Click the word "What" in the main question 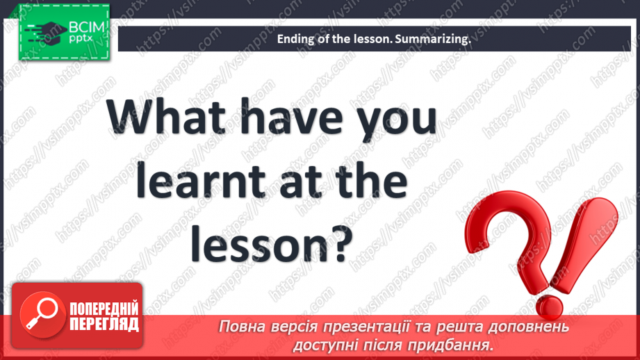pyautogui.click(x=166, y=117)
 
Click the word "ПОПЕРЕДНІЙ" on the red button pyautogui.click(x=104, y=309)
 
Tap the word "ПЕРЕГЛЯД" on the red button pyautogui.click(x=104, y=324)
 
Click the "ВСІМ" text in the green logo pyautogui.click(x=87, y=27)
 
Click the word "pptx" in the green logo pyautogui.click(x=81, y=39)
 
